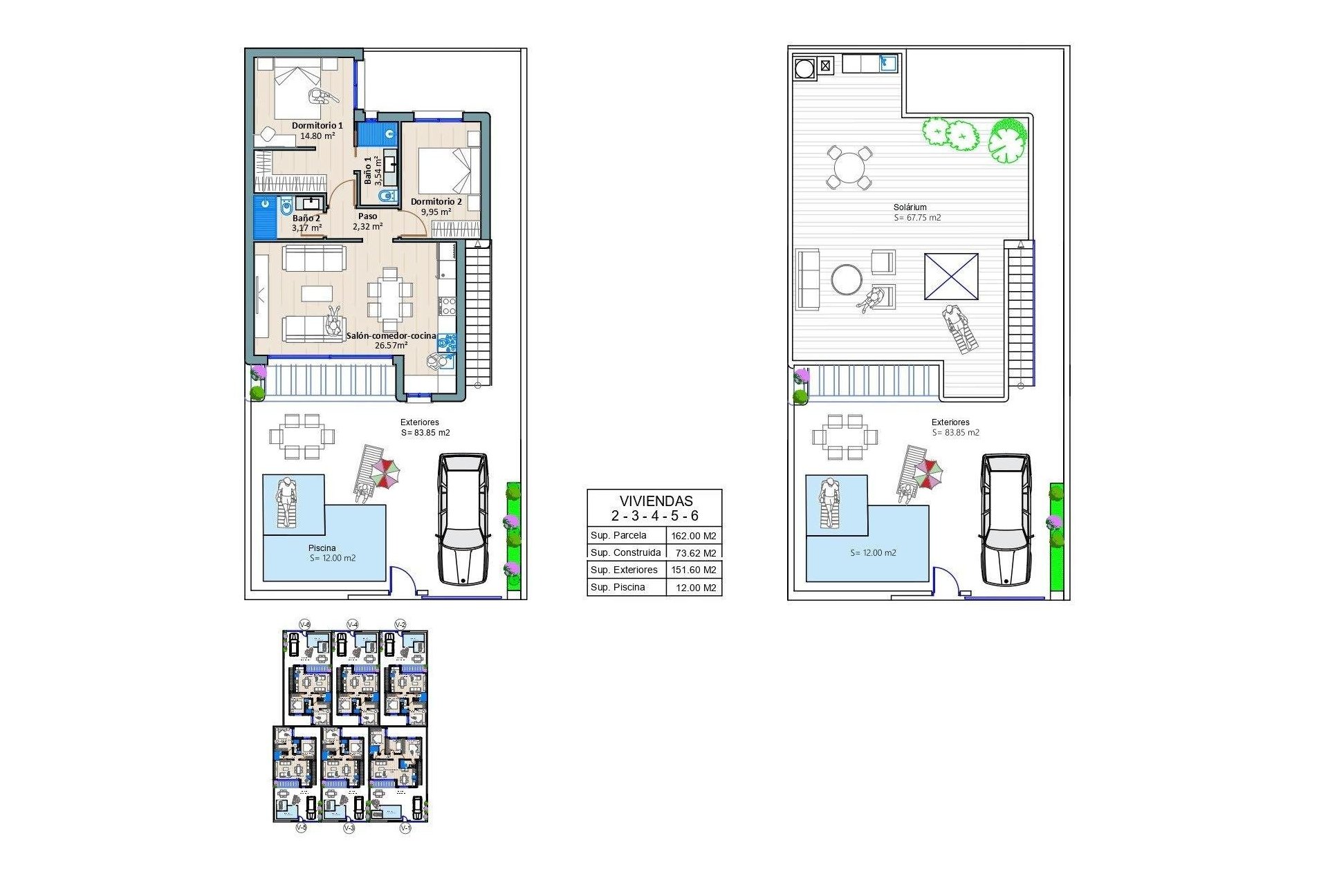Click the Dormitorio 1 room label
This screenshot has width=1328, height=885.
[x=317, y=125]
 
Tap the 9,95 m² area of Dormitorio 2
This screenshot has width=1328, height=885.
[x=436, y=212]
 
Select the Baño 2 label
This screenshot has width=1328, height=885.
[x=306, y=218]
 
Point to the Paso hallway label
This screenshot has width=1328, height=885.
[x=367, y=216]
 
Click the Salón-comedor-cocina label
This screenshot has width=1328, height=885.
[x=391, y=335]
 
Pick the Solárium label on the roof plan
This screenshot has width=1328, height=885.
[x=910, y=207]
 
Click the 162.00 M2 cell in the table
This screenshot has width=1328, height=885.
[x=694, y=536]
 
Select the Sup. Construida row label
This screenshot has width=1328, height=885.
[x=625, y=552]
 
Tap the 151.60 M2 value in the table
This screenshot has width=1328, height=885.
[x=694, y=570]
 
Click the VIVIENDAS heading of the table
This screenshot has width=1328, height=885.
[x=655, y=501]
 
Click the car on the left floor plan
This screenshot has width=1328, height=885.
[x=463, y=519]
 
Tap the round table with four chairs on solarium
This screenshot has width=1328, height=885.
[x=849, y=167]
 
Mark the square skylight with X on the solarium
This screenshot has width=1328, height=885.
[x=951, y=277]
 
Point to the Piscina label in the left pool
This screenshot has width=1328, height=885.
[x=322, y=548]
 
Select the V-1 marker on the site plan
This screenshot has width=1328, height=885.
[x=405, y=828]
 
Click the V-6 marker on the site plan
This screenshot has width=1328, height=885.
[x=304, y=624]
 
